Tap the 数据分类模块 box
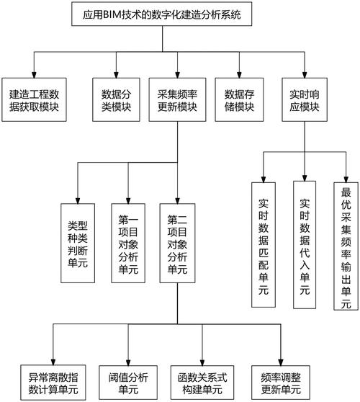pos(116,100)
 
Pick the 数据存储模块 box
pos(240,100)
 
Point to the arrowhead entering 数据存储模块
pos(240,76)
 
